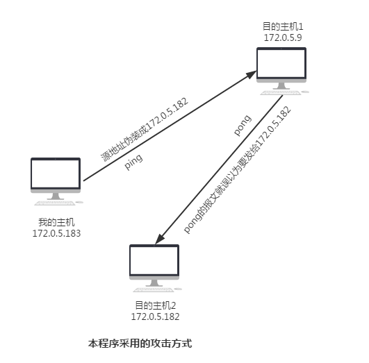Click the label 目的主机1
coord(283,26)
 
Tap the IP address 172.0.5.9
coord(283,37)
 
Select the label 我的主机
coord(56,222)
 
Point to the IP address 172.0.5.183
coord(56,233)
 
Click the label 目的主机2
coord(156,305)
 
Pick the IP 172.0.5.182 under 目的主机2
coord(156,316)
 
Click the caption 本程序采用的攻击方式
coord(140,344)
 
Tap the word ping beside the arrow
coord(133,161)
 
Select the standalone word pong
coord(243,125)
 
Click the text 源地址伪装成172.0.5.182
coord(145,130)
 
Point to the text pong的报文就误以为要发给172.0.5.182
coord(237,170)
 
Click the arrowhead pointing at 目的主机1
coord(252,74)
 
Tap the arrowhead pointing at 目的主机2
coord(159,239)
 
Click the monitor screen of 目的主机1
coord(281,62)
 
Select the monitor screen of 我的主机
coord(56,174)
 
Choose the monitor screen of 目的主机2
coord(154,260)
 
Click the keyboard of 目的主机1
coord(281,93)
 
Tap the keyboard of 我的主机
coord(55,203)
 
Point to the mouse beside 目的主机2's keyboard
coord(179,289)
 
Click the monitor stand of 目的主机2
coord(154,282)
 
